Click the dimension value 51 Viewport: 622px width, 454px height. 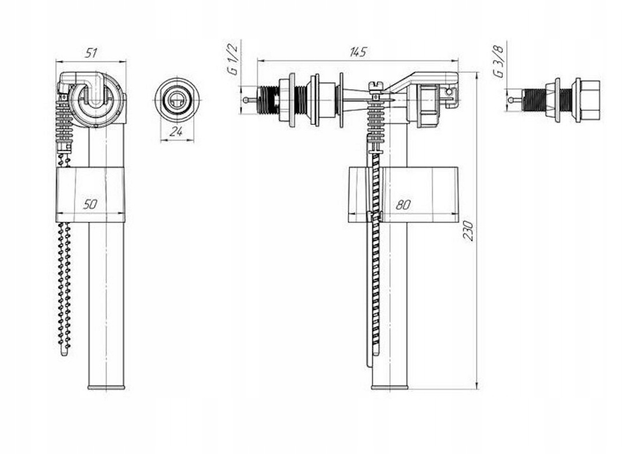91,53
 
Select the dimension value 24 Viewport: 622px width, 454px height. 176,131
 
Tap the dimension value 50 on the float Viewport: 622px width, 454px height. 90,204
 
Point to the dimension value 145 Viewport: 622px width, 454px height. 358,52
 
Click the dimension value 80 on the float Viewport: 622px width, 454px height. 403,205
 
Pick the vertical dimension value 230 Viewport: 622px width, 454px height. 468,231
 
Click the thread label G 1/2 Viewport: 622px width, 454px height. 233,59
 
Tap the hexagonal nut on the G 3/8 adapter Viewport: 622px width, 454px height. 590,100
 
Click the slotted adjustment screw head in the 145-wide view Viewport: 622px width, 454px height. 375,85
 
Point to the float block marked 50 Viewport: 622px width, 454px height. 90,195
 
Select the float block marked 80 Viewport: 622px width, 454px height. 403,195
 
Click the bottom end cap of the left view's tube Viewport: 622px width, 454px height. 106,387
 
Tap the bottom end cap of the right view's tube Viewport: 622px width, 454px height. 389,387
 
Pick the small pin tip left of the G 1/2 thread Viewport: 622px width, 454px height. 245,100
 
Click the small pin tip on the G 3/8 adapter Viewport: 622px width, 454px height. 511,100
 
